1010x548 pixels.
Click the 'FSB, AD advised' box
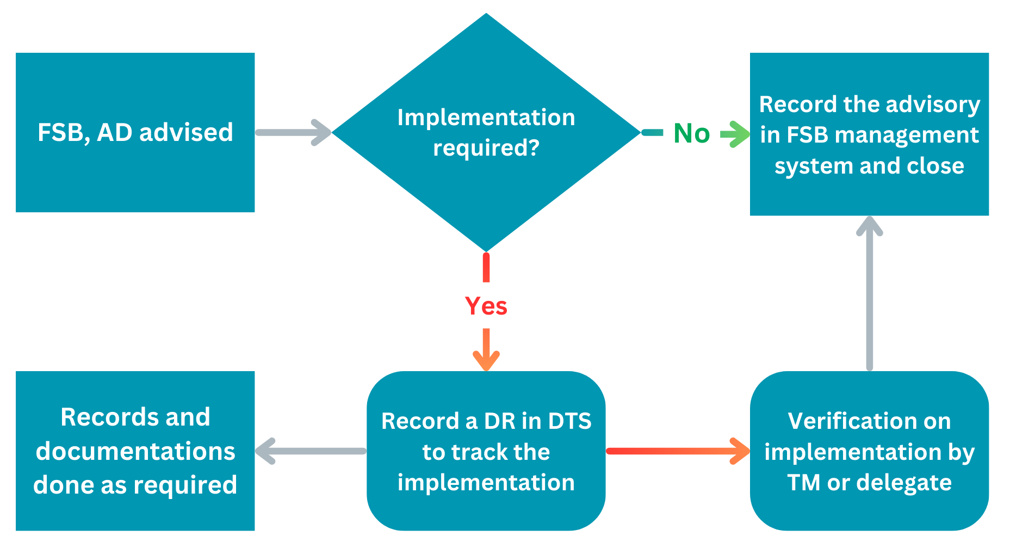click(135, 132)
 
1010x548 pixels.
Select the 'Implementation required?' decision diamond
click(486, 132)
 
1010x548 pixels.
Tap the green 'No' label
click(691, 133)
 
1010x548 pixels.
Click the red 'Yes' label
click(486, 306)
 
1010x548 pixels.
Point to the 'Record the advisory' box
click(869, 134)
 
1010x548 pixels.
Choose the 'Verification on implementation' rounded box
click(869, 451)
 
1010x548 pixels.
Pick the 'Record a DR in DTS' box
click(486, 451)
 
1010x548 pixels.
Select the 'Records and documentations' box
click(135, 451)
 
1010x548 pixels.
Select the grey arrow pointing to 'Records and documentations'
click(310, 451)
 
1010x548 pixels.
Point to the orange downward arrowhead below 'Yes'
click(486, 359)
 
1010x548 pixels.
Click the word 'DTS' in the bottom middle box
click(569, 421)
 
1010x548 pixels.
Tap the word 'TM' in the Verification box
click(803, 482)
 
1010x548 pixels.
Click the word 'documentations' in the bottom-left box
click(135, 451)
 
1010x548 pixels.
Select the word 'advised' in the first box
click(186, 132)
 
